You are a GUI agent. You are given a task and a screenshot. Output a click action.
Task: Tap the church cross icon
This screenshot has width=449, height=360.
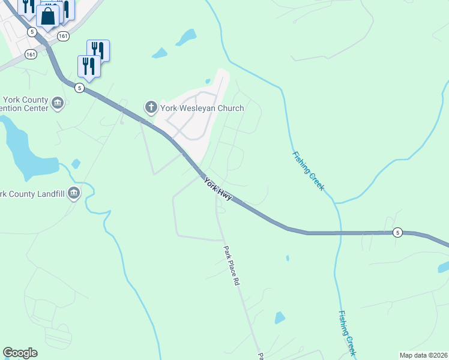pyautogui.click(x=151, y=108)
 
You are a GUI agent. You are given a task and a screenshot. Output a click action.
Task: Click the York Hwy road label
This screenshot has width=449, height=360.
pyautogui.click(x=217, y=190)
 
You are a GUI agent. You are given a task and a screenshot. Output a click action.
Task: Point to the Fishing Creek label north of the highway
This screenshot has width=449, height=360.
pyautogui.click(x=308, y=171)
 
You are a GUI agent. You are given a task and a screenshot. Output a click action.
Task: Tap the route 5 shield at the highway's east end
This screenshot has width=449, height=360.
pyautogui.click(x=397, y=232)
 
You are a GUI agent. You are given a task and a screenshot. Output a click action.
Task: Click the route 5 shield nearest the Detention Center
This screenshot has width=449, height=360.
pyautogui.click(x=79, y=88)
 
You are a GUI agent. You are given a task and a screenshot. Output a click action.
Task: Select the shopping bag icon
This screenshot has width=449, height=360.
pyautogui.click(x=48, y=16)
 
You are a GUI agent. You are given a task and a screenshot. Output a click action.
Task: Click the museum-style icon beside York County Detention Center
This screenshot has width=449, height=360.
pyautogui.click(x=58, y=103)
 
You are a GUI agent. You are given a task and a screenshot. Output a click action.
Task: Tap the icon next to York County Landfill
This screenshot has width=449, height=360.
pyautogui.click(x=74, y=193)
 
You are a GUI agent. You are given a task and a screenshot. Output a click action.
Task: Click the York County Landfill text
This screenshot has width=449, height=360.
pyautogui.click(x=33, y=194)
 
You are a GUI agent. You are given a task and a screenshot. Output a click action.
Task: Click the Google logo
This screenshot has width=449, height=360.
pyautogui.click(x=20, y=353)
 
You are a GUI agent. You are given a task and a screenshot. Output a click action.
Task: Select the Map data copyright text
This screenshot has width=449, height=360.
pyautogui.click(x=423, y=355)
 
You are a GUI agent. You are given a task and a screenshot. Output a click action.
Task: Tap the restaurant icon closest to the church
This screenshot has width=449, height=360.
pyautogui.click(x=89, y=67)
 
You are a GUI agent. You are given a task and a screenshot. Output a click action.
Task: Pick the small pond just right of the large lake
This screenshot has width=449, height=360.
pyautogui.click(x=76, y=163)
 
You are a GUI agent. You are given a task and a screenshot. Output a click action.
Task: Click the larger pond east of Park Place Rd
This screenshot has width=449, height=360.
pyautogui.click(x=279, y=317)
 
